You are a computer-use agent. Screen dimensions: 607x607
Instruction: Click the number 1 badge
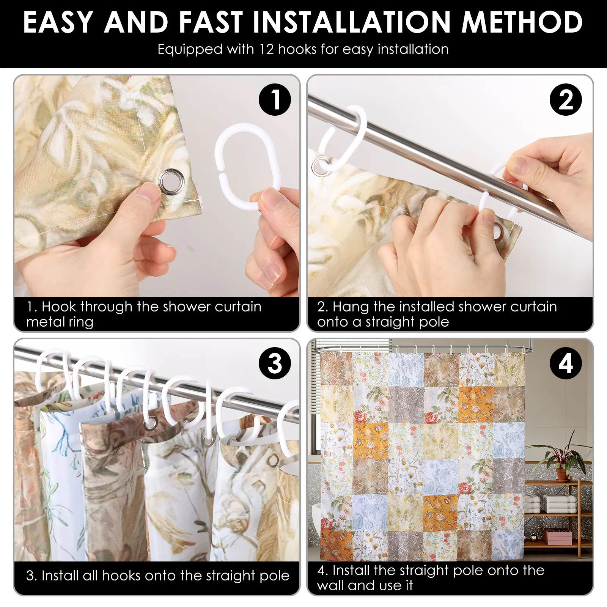point(275,100)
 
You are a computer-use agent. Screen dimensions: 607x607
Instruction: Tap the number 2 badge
point(566,100)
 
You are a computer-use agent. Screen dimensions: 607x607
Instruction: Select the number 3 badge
point(275,363)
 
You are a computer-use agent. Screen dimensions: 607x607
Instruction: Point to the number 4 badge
point(566,363)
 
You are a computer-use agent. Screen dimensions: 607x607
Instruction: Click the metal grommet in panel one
point(171,179)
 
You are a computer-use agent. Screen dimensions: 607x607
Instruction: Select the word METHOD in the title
point(522,22)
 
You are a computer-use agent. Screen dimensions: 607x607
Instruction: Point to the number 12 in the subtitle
point(267,49)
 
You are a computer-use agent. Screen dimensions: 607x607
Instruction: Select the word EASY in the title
point(58,22)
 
